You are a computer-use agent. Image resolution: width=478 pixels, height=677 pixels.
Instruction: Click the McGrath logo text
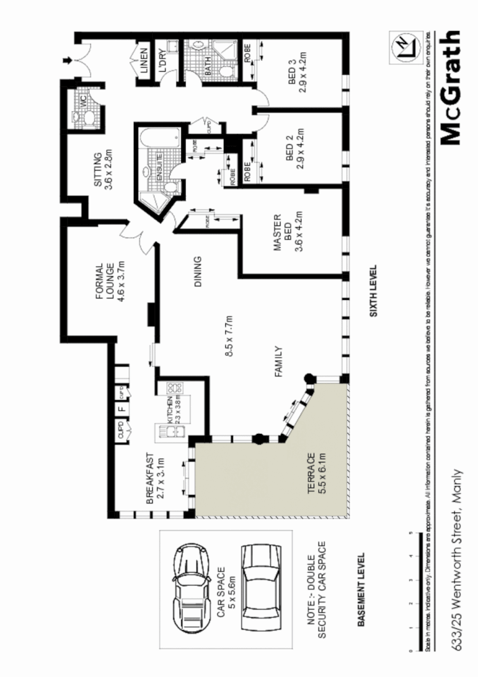450,88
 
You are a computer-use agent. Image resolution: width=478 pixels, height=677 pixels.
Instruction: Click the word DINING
198,271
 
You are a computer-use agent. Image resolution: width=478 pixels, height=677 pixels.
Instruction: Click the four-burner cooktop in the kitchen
172,391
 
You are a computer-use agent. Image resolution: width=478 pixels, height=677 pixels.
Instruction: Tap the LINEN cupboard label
144,61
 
